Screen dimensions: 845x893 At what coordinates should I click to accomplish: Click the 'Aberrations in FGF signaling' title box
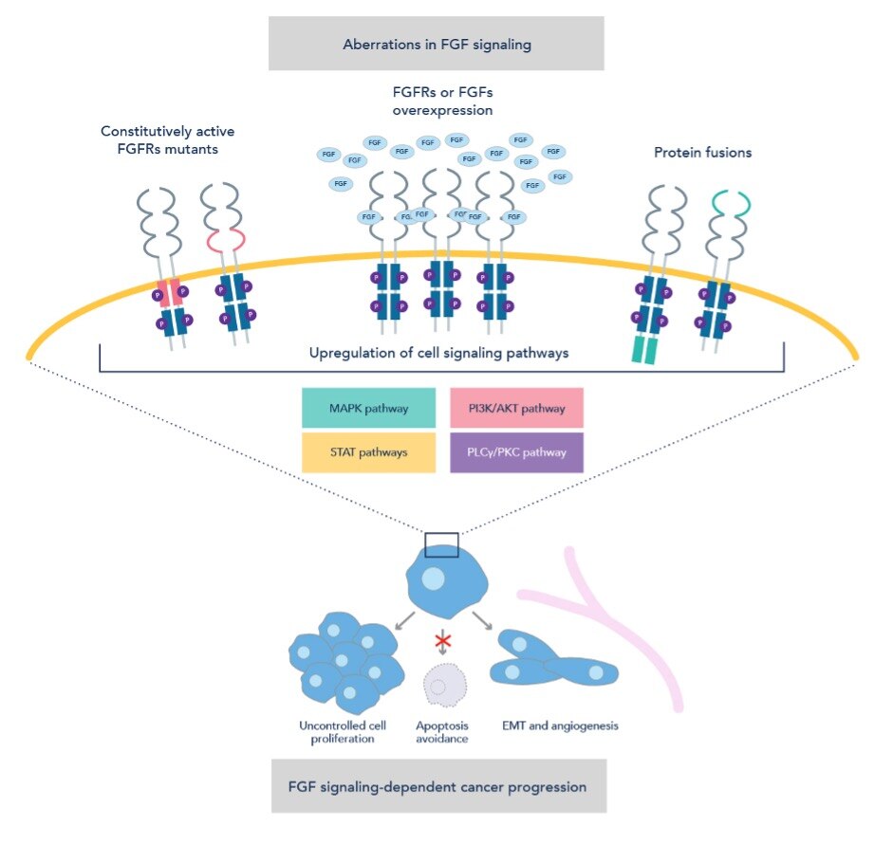(x=437, y=43)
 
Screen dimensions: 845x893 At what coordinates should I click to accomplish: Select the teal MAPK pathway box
(x=369, y=409)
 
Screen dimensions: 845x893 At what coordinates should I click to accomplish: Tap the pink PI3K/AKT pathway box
(x=516, y=409)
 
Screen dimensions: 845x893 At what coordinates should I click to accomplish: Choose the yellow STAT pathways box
(x=369, y=452)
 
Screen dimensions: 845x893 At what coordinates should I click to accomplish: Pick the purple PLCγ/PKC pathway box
(x=516, y=452)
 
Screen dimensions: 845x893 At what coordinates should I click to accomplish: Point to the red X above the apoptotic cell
(x=440, y=642)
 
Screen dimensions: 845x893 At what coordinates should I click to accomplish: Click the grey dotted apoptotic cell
(x=439, y=685)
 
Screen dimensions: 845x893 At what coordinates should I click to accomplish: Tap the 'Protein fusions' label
(x=703, y=152)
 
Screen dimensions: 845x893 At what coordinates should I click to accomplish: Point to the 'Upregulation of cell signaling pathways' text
(x=439, y=353)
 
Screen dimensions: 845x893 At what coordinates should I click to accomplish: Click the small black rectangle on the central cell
(x=441, y=544)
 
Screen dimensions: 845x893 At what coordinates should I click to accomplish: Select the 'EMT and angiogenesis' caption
(x=558, y=726)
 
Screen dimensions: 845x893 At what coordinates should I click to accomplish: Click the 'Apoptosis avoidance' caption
(x=440, y=732)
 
